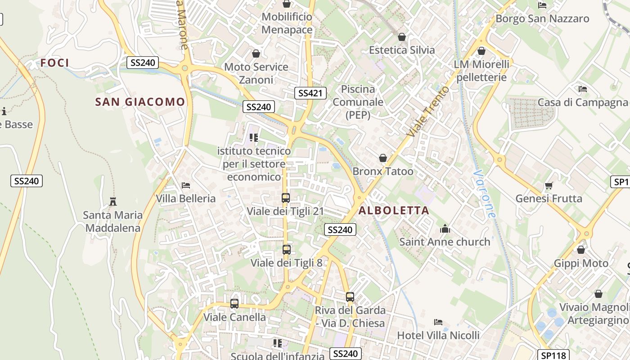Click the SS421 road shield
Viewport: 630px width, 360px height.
tap(310, 93)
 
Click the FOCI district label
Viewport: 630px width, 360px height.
tap(55, 63)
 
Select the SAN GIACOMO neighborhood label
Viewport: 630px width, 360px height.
tap(140, 102)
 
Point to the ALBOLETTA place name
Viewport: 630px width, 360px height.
tap(394, 210)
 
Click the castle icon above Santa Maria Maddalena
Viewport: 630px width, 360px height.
tap(113, 201)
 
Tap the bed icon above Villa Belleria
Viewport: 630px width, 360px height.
tap(185, 185)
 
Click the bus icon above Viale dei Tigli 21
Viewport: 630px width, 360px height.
tap(285, 198)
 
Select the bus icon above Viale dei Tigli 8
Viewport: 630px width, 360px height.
tap(286, 249)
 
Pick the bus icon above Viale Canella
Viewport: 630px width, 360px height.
tap(234, 304)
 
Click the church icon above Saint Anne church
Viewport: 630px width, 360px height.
tap(445, 229)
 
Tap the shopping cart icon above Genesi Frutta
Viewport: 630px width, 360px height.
tap(549, 185)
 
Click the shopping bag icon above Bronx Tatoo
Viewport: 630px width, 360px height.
tap(382, 158)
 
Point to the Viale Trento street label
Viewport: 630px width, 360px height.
tap(427, 112)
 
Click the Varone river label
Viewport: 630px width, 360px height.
tap(484, 194)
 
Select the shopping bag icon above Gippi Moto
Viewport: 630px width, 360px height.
tap(581, 250)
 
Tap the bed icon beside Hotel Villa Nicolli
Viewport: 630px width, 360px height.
tap(438, 322)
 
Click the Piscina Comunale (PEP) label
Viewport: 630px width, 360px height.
tap(358, 102)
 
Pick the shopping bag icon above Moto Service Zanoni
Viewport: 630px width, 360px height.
tap(256, 54)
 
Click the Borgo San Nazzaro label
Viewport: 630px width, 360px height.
tap(542, 18)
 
